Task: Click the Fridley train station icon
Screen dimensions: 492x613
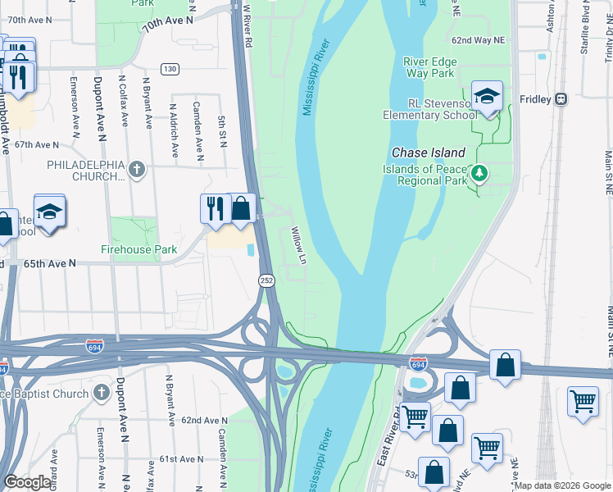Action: [561, 98]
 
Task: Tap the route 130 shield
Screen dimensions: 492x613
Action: [170, 69]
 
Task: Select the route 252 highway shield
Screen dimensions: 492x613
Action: [267, 280]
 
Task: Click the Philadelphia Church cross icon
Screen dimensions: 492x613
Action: [137, 170]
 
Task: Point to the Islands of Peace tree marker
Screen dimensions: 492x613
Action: [480, 173]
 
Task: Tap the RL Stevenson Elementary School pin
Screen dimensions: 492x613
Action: [487, 98]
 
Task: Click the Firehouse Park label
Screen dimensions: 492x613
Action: [139, 248]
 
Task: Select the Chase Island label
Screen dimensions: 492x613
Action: [429, 153]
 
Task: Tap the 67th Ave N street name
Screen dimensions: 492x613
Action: [37, 144]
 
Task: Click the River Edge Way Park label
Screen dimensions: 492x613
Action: [430, 67]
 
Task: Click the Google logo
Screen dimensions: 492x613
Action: [28, 482]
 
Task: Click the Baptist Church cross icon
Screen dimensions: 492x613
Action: [101, 393]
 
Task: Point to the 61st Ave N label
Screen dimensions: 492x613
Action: [180, 458]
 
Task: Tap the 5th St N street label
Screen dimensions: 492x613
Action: [222, 132]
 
